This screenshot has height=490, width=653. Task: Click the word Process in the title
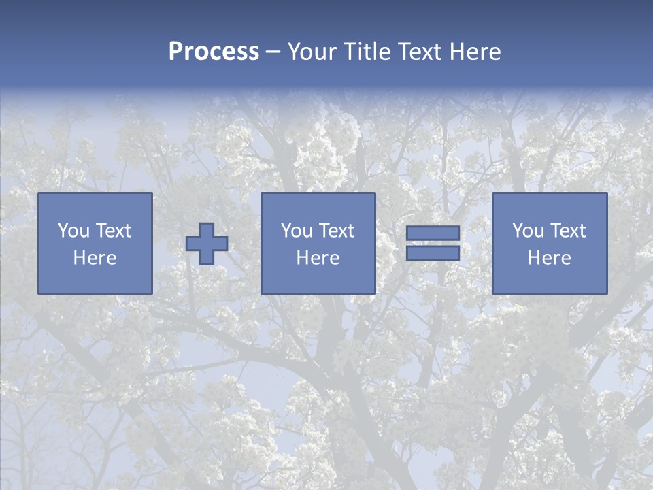tap(214, 52)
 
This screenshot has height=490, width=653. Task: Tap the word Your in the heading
tap(311, 52)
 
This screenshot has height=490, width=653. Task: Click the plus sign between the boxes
tap(207, 243)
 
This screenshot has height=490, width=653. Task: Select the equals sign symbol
tap(433, 243)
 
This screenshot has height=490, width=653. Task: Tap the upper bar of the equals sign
tap(433, 233)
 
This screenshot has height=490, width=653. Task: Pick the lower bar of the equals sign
tap(433, 252)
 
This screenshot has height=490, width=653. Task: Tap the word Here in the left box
tap(95, 258)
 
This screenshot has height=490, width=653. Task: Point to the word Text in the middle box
tap(337, 231)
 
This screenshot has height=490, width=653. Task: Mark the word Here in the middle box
tap(318, 258)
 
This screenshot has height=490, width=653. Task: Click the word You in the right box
tap(529, 231)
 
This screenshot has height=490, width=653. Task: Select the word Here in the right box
tap(550, 258)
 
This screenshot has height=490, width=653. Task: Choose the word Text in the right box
tap(568, 231)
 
